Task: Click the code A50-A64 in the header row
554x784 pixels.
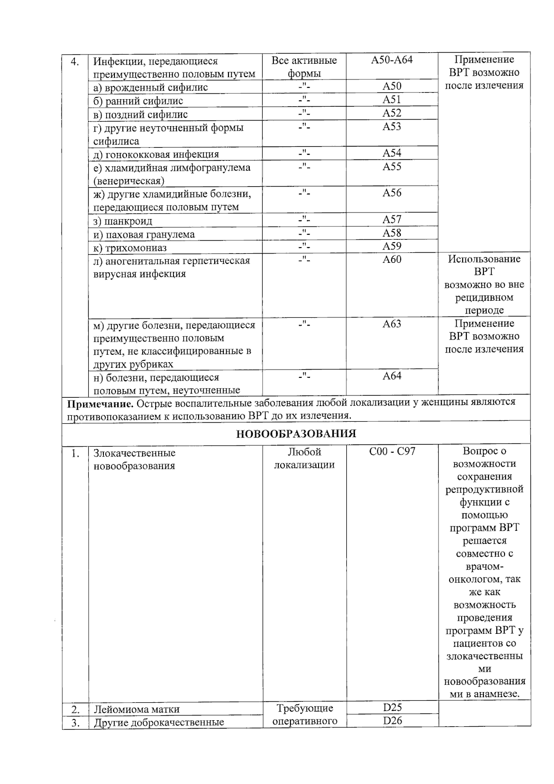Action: coord(391,61)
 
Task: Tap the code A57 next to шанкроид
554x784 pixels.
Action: coord(391,219)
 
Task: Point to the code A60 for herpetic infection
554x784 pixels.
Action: coord(391,260)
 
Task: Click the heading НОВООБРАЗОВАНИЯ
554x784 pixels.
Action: coord(296,434)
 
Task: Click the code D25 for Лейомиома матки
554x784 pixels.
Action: coord(392,707)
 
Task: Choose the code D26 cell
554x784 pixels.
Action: coord(392,721)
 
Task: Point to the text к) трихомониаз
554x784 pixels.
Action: coord(130,248)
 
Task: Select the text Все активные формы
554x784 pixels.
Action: coord(304,67)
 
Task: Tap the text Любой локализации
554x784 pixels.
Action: coord(304,458)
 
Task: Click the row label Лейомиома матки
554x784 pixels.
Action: coord(137,710)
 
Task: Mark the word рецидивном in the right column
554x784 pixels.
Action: coord(484,298)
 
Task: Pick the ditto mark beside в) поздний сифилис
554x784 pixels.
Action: coord(304,113)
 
